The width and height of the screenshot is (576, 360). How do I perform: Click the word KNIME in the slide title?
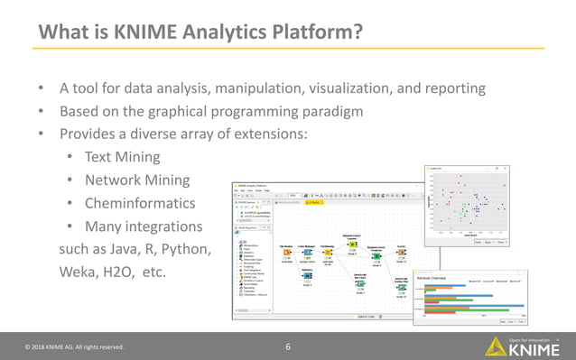[x=148, y=32]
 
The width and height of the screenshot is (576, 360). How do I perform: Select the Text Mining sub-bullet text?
[x=122, y=157]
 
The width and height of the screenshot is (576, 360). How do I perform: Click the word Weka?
[x=79, y=271]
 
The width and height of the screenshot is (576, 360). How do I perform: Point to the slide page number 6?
[x=288, y=346]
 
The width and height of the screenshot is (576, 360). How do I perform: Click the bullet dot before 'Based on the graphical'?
[x=40, y=112]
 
